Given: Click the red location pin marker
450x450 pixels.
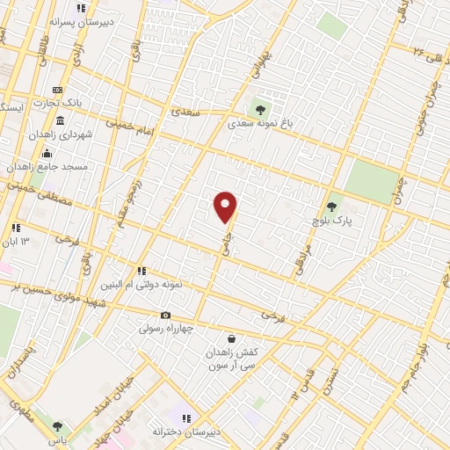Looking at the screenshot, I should (226, 206).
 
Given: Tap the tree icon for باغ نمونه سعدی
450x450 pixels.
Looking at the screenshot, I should (259, 109).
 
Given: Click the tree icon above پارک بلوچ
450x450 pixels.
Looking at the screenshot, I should (333, 207).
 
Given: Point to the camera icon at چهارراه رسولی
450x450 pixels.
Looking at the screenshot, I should (165, 316).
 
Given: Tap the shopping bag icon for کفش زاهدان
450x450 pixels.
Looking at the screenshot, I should (230, 338).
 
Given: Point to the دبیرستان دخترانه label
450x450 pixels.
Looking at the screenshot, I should (184, 432).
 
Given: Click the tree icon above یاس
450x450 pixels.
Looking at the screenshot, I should (58, 426).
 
